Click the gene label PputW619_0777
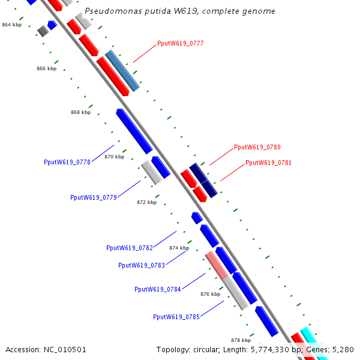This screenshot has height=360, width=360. [180, 43]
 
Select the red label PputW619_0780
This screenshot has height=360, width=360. [257, 147]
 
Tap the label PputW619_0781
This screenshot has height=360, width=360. [268, 163]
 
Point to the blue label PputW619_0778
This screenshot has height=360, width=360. [67, 162]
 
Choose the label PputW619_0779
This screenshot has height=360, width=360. [93, 197]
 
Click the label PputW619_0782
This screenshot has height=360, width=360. [130, 248]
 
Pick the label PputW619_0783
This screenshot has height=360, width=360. [142, 265]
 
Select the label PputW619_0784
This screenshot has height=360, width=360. [158, 289]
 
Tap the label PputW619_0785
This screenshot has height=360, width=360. [176, 317]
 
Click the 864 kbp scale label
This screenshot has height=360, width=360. [11, 25]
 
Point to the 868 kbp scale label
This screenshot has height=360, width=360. [81, 112]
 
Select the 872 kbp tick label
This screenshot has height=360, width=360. [146, 202]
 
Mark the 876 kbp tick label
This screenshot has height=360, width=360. [210, 294]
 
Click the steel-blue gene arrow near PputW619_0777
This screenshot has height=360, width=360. [122, 71]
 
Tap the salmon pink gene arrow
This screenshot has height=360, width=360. [216, 266]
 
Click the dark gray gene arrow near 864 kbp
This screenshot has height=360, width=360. [43, 31]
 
